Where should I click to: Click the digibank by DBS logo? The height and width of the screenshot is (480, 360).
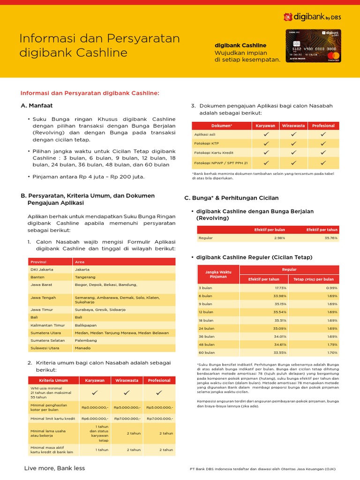[x=312, y=17]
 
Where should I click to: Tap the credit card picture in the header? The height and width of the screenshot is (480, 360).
[x=313, y=46]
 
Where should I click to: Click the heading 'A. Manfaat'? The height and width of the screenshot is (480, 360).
[x=37, y=106]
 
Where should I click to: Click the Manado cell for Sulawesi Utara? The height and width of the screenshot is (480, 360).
[x=82, y=348]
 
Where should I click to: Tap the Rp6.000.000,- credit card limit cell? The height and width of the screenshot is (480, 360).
[x=95, y=418]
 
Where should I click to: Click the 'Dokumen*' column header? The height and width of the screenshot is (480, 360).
[x=222, y=126]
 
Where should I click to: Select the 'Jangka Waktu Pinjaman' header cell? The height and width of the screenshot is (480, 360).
[x=218, y=274]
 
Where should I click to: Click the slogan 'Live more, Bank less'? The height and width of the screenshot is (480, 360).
[x=54, y=468]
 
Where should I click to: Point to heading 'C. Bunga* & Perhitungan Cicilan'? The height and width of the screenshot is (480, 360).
[x=232, y=198]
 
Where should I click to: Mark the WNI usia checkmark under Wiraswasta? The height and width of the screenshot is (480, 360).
[x=127, y=392]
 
